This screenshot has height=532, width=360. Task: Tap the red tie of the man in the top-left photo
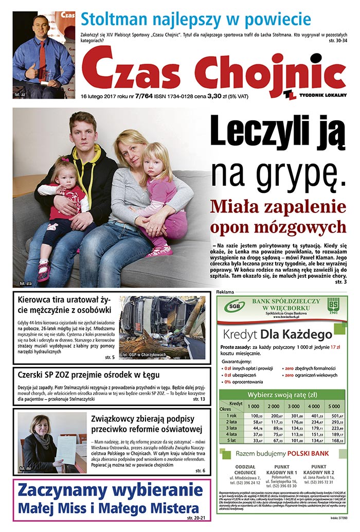click(42, 56)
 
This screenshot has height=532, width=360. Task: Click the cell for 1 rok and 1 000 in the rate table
click(257, 416)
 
